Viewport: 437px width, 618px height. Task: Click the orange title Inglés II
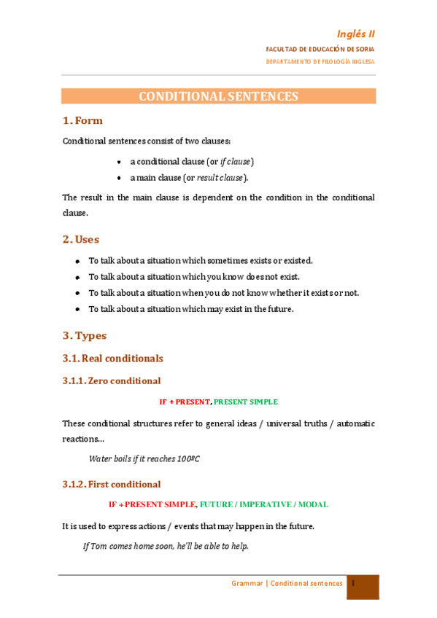pos(356,34)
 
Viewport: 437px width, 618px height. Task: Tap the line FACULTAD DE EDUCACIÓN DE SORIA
pos(320,49)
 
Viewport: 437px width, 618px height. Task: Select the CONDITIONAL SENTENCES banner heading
pos(218,96)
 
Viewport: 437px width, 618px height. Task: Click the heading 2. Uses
pos(81,239)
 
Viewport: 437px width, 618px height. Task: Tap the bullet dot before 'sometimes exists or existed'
pos(77,260)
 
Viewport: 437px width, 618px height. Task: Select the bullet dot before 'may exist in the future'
pos(77,309)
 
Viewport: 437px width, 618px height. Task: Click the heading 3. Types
pos(85,335)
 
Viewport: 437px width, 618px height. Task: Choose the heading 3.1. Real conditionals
pos(113,359)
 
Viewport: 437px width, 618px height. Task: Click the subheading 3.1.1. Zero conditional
pos(112,380)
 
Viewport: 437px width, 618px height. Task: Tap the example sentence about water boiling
pos(144,458)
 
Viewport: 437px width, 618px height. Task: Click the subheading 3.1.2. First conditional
pos(112,484)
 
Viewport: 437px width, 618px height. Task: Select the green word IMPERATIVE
pos(265,504)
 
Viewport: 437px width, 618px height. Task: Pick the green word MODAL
pos(312,504)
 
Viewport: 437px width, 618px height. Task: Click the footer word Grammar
pos(247,584)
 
